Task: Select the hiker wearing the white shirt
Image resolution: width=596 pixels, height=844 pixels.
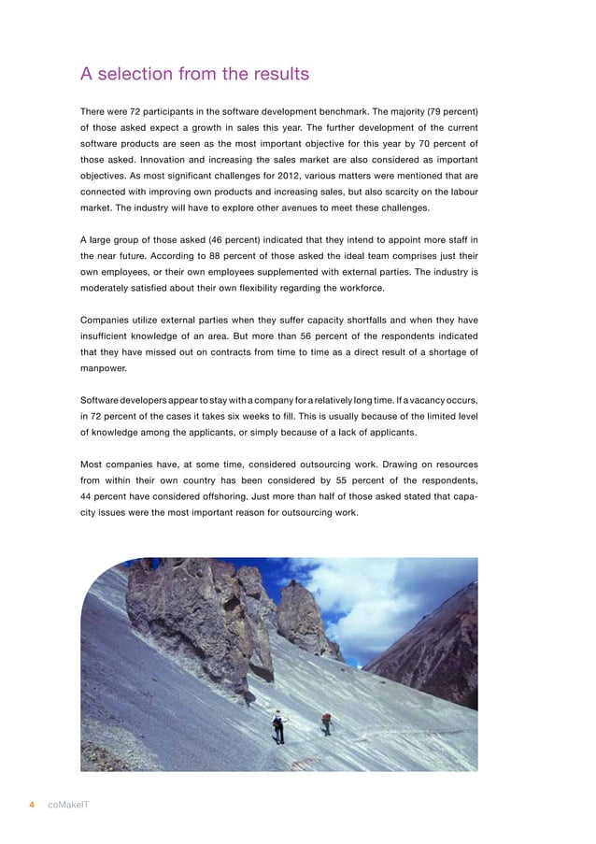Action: (277, 725)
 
